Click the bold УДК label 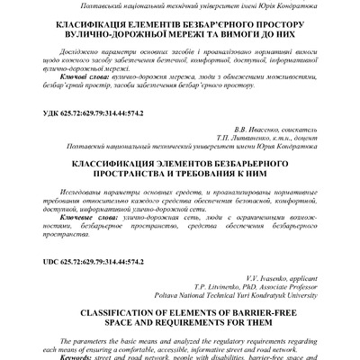click(40, 116)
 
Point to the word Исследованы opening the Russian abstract click(72, 193)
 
